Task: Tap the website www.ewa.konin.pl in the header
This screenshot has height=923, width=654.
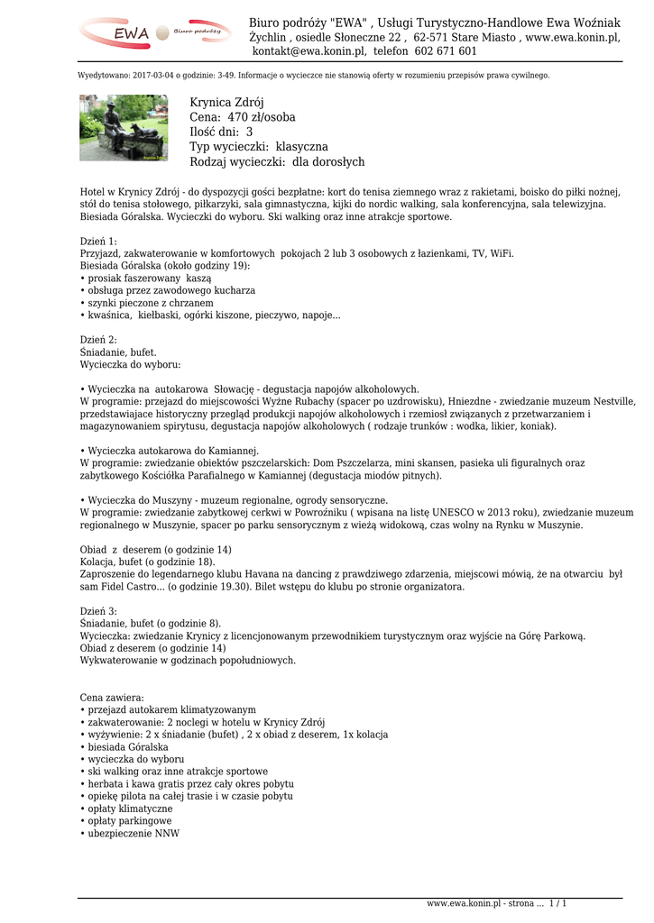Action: (x=573, y=37)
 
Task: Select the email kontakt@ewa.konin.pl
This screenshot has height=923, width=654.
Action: (x=309, y=51)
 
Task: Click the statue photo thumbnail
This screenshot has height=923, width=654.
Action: (x=124, y=127)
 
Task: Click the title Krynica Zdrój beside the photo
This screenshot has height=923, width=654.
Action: (x=226, y=103)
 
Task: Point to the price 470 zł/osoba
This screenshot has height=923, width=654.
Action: (x=261, y=117)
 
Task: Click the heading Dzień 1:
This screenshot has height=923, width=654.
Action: (x=98, y=242)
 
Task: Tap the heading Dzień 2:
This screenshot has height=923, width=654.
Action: (x=98, y=340)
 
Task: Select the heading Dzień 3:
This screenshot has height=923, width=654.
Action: (x=98, y=611)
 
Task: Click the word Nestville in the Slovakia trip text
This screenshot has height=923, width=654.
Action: (x=613, y=401)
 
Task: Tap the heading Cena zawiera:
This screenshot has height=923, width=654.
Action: (x=112, y=698)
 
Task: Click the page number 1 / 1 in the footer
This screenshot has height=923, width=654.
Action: (x=557, y=903)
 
